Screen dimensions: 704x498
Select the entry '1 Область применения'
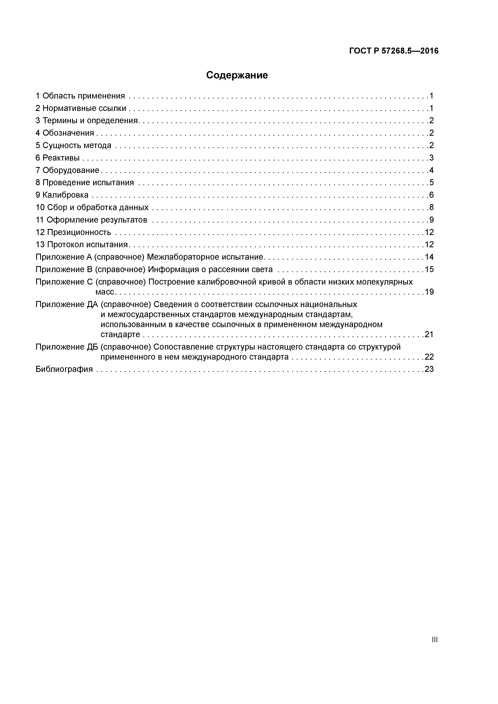tap(80, 96)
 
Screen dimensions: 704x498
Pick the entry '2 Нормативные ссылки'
tap(81, 108)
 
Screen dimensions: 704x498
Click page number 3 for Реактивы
tap(431, 158)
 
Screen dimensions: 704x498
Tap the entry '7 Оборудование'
tap(67, 170)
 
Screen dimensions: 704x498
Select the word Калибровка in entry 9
tap(65, 195)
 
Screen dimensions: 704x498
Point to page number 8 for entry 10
tap(431, 208)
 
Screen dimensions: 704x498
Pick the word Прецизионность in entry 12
tap(79, 232)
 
